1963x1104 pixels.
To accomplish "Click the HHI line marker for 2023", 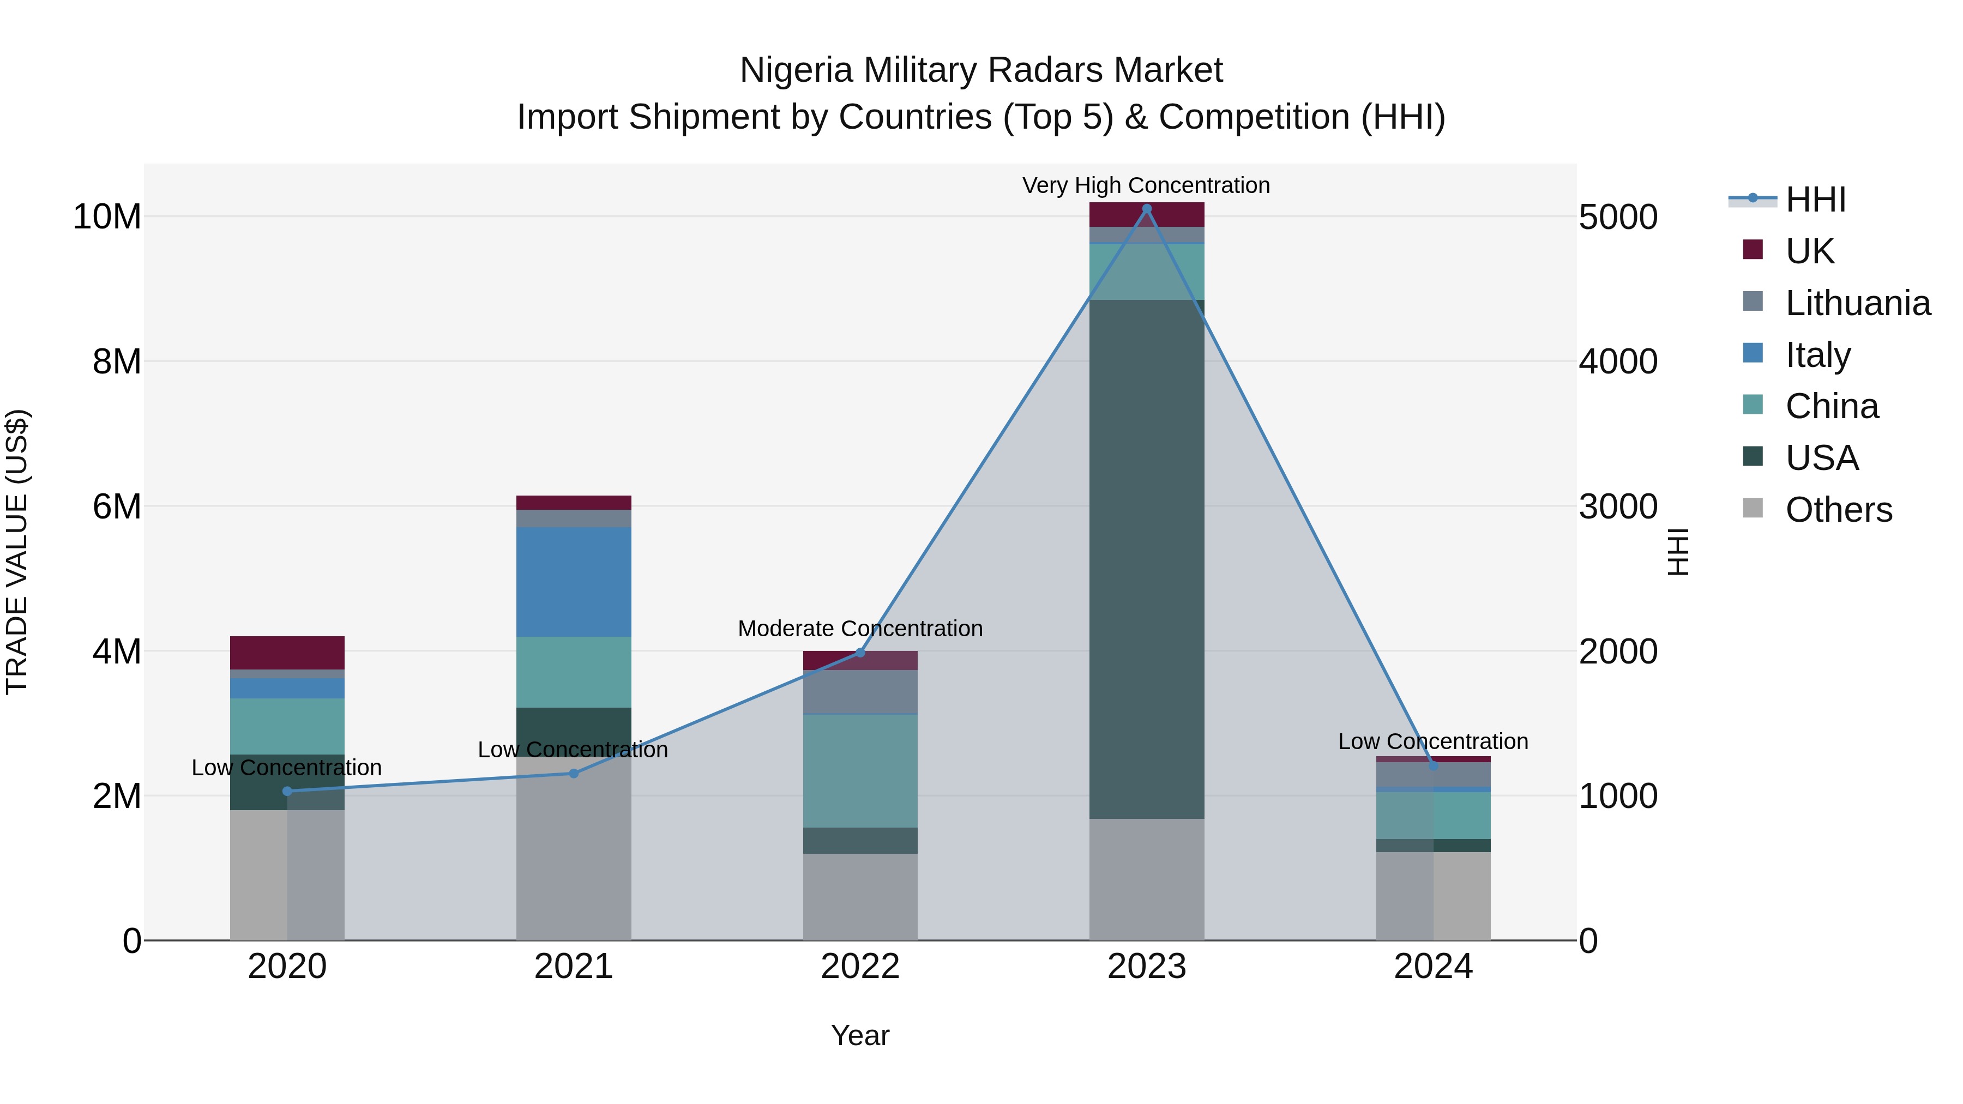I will [x=1146, y=209].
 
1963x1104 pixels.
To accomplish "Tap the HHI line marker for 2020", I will [x=287, y=791].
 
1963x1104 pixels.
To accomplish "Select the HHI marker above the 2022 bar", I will [x=860, y=652].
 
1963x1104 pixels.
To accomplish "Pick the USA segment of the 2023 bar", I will [x=1146, y=559].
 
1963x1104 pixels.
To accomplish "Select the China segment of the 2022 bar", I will [x=860, y=770].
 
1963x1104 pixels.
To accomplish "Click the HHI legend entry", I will [x=1814, y=200].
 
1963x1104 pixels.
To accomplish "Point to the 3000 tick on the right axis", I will [x=1617, y=506].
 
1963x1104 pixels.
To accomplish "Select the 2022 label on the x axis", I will [x=860, y=967].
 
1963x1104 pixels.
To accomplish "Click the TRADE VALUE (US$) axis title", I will [x=17, y=552].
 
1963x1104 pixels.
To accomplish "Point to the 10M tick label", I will [x=107, y=217].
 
